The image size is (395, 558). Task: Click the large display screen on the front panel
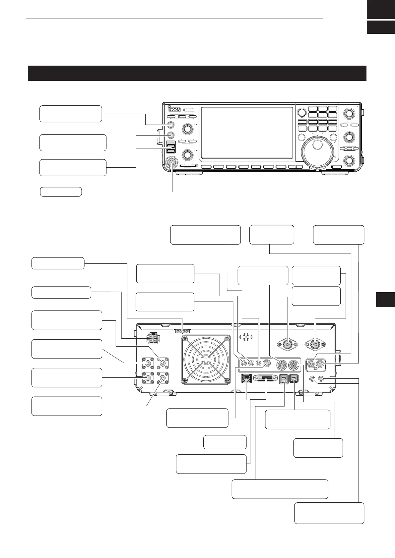(247, 134)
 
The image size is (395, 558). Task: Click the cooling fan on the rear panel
(205, 359)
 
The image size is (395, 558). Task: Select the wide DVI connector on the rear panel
(265, 378)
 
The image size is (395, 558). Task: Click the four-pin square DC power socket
(153, 338)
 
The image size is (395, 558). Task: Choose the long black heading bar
(197, 73)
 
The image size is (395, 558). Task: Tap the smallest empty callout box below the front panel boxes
(61, 192)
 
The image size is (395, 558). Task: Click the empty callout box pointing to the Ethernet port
(225, 442)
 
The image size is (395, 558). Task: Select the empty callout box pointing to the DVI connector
(211, 464)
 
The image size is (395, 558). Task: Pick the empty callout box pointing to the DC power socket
(61, 293)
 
